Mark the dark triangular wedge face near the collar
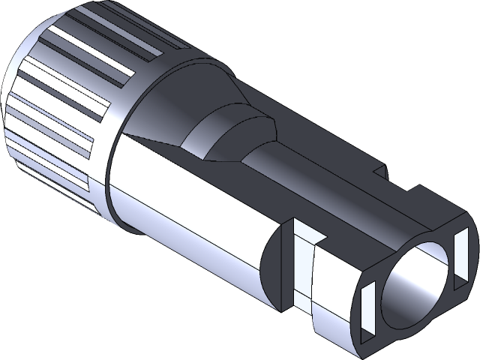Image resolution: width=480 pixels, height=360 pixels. click(x=154, y=135)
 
